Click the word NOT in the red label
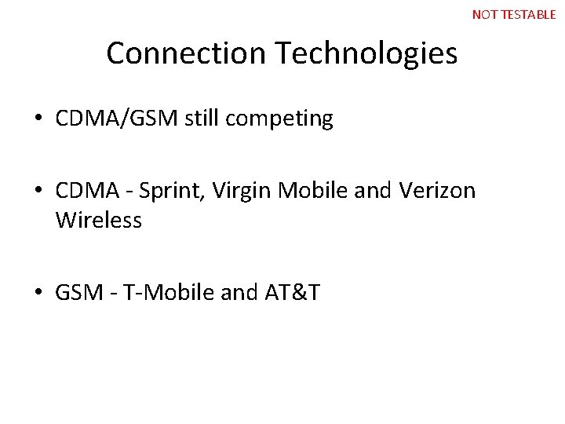pyautogui.click(x=483, y=14)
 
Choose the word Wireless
pyautogui.click(x=99, y=221)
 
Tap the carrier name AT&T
pyautogui.click(x=292, y=294)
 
